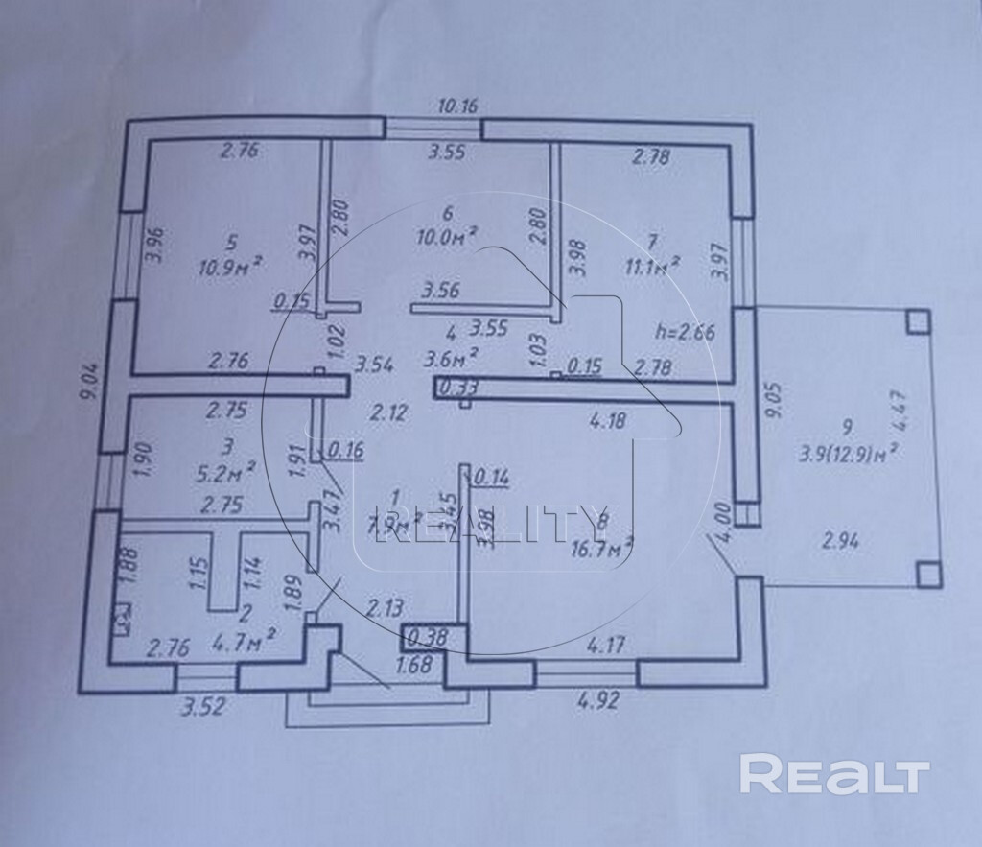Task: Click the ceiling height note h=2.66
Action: coord(683,333)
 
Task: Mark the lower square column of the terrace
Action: coord(926,574)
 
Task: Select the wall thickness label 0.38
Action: coord(421,637)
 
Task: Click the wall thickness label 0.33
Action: coord(457,388)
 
